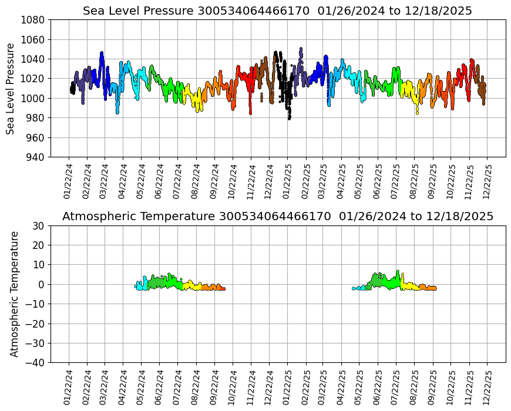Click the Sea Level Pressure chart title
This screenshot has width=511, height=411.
[277, 11]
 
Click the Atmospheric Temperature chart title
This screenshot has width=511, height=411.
[277, 217]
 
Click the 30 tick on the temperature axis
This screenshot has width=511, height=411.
[39, 225]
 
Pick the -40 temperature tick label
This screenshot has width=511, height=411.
[36, 363]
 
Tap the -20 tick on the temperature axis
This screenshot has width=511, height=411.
[36, 324]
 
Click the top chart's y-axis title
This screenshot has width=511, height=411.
[11, 88]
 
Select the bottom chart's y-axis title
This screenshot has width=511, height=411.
[15, 294]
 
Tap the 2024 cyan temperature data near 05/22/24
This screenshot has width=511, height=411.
[141, 285]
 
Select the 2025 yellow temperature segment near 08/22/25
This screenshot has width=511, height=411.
[411, 286]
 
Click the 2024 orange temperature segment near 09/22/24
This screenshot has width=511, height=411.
[211, 287]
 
